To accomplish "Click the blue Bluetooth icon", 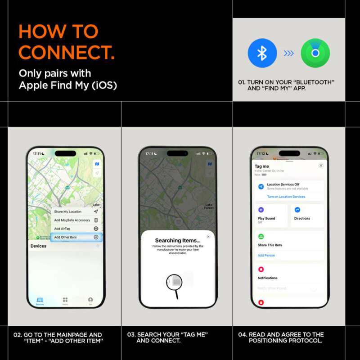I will tap(262, 53).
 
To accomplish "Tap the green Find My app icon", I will tap(315, 53).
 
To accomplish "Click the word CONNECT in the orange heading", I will tap(67, 52).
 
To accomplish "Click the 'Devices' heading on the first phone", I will tap(39, 246).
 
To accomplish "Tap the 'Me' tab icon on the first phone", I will tap(90, 300).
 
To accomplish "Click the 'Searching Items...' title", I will tap(178, 241).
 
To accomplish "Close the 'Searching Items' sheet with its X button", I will tap(208, 236).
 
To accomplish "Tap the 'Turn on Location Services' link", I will tap(286, 197).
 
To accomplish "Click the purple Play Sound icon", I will tap(261, 210).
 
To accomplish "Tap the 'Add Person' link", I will tap(266, 255).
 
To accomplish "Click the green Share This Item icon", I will tap(261, 236).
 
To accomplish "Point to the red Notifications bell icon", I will tap(261, 269).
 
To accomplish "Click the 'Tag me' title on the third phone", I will tap(262, 166).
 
